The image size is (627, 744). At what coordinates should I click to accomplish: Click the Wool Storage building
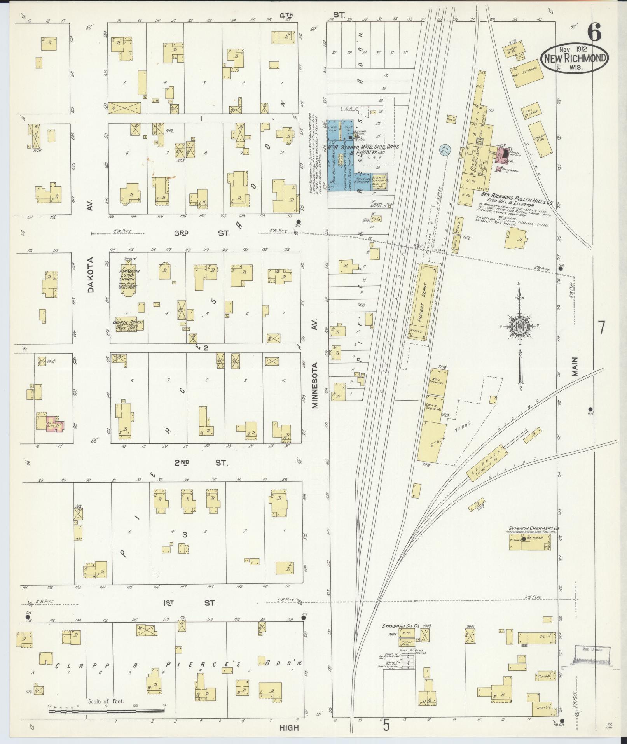point(438,381)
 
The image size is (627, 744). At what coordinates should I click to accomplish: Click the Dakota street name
point(90,274)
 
